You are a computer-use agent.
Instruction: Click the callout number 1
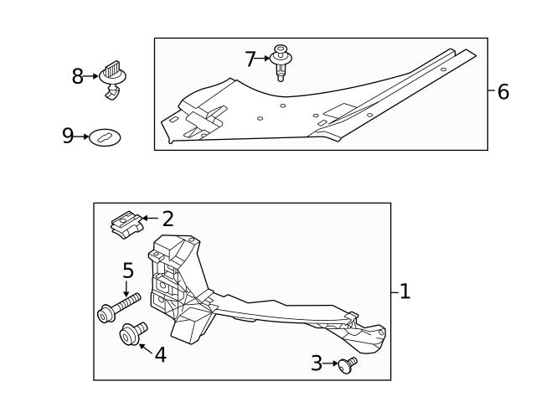(405, 291)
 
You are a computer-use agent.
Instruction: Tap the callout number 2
(168, 219)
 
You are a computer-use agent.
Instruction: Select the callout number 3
(317, 363)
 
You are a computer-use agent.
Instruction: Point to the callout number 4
(160, 355)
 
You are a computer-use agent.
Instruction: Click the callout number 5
(128, 271)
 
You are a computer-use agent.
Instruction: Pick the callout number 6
(502, 92)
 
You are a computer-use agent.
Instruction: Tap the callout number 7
(250, 59)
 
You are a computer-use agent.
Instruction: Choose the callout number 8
(78, 77)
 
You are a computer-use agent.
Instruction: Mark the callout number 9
(69, 137)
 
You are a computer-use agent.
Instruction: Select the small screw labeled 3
(347, 363)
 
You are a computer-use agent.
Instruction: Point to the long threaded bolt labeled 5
(118, 307)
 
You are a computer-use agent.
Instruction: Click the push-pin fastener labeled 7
(281, 62)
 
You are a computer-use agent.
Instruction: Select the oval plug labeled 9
(106, 137)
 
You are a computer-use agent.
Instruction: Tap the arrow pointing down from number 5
(127, 287)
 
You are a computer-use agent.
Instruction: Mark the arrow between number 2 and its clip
(149, 219)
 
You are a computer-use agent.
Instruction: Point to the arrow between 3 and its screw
(330, 363)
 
